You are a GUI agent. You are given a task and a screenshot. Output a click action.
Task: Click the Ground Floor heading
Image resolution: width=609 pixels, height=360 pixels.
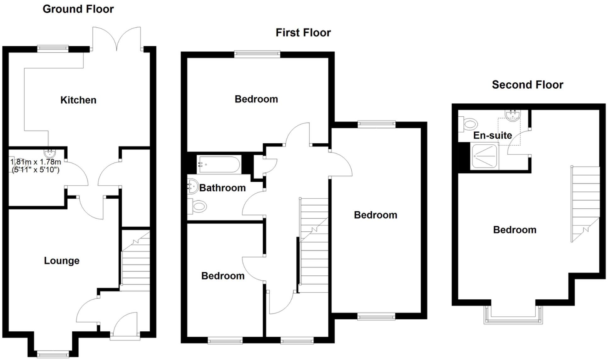pos(78,9)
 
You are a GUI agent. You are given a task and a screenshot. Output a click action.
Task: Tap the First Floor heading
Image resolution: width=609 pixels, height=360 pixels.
pos(303,33)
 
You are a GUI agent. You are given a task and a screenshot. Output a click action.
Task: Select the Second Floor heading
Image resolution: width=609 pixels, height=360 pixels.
pos(527,85)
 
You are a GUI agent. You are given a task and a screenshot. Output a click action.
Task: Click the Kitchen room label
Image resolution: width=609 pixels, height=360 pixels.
pos(78,100)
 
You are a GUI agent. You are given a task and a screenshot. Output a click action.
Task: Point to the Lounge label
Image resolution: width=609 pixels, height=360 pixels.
pos(62,260)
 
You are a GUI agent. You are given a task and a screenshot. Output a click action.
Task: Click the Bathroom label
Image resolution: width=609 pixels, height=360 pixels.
pos(222,188)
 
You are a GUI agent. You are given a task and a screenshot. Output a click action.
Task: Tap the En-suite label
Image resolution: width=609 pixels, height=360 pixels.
pos(492,135)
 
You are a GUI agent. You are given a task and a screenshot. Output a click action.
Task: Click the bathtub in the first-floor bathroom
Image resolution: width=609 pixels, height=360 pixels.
pos(219,164)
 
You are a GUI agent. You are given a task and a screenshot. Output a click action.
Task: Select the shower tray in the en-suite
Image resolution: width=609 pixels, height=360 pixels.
pos(484,156)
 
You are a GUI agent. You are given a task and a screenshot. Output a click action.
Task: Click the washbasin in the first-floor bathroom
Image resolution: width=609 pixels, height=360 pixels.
pos(193,186)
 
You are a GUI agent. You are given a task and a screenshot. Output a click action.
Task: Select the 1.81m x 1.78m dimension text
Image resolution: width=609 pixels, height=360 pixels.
pos(36,166)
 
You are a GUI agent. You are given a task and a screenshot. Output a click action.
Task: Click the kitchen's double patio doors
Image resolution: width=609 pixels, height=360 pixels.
pos(116,39)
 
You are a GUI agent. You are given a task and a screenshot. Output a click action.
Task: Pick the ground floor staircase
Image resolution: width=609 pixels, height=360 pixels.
pos(136,261)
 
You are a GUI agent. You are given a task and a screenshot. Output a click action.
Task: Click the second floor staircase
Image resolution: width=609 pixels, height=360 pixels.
pos(585,204)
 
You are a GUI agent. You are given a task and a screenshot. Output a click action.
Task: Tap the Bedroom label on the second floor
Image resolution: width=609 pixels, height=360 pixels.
pos(514,230)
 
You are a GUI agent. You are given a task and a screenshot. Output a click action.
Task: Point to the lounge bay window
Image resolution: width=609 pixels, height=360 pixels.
pos(53,354)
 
